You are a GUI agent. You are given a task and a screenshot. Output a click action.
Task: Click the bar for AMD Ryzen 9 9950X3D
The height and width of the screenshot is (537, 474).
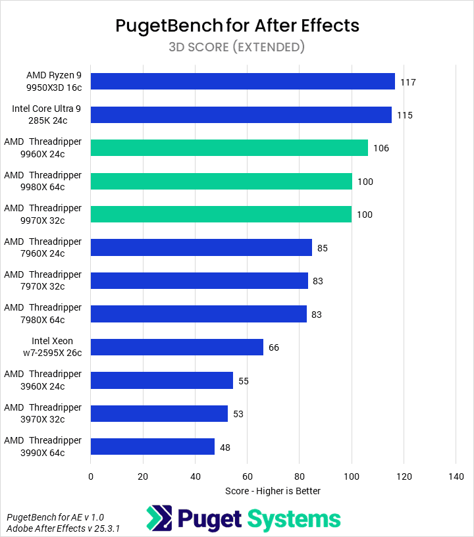click(x=242, y=82)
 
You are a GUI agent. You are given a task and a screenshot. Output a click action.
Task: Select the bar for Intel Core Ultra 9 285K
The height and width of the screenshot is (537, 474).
click(x=241, y=115)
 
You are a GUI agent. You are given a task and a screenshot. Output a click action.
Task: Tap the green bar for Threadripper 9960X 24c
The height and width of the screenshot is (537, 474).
click(x=229, y=148)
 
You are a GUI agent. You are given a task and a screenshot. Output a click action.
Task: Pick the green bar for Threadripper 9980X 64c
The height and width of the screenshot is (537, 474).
click(x=221, y=181)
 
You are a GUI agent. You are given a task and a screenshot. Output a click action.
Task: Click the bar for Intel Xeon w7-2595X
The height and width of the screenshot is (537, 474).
click(x=177, y=347)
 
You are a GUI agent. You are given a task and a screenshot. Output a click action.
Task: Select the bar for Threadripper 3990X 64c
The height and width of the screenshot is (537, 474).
click(x=153, y=446)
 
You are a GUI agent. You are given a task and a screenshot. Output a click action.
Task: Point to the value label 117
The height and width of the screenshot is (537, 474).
click(x=408, y=82)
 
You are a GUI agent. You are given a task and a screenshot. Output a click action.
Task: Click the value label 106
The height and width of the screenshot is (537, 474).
click(x=381, y=148)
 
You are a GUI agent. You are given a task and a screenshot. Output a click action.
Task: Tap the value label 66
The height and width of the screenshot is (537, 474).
click(x=273, y=347)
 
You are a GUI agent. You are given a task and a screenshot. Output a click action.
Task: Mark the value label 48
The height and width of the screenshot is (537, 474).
click(x=224, y=447)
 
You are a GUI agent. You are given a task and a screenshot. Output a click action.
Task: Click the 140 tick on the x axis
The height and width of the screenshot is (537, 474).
click(x=456, y=476)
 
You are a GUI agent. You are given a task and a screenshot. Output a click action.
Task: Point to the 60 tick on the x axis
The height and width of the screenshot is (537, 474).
click(x=247, y=476)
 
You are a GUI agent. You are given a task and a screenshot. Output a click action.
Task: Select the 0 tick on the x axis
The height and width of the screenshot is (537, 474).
click(x=91, y=476)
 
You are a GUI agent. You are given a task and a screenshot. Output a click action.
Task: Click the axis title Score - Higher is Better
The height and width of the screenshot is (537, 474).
click(x=273, y=491)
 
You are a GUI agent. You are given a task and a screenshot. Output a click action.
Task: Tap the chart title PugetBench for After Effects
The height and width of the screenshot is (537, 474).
click(x=237, y=25)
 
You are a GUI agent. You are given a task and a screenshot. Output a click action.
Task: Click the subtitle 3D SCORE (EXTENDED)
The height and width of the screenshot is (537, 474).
click(x=237, y=47)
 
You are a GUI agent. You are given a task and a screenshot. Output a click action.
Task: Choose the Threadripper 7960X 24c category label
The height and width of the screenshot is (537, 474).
click(x=43, y=247)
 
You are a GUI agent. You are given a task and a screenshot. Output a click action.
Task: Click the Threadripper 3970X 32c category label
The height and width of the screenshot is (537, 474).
click(x=43, y=413)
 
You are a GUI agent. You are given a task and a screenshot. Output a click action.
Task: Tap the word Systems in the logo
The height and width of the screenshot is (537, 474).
click(x=294, y=519)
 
